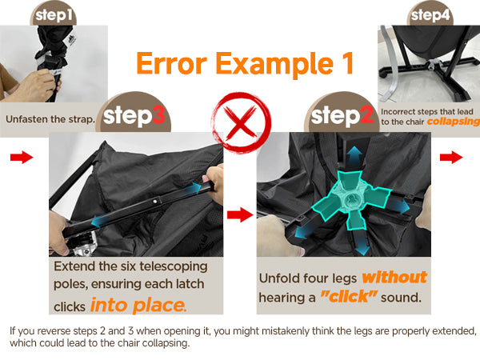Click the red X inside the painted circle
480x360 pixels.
(x=241, y=122)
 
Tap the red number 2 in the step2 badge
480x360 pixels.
(x=366, y=115)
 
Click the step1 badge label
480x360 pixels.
(x=54, y=15)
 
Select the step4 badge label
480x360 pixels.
(x=430, y=15)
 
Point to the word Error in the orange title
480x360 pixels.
(x=172, y=63)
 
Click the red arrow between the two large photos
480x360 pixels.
(x=240, y=214)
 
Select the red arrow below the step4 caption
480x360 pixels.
(x=451, y=157)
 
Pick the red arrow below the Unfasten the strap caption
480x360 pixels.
(x=22, y=157)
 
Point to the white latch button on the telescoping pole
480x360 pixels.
(x=155, y=202)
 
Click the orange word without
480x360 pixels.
(x=394, y=277)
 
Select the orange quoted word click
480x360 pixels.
(x=349, y=296)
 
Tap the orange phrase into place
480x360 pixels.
(x=138, y=306)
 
